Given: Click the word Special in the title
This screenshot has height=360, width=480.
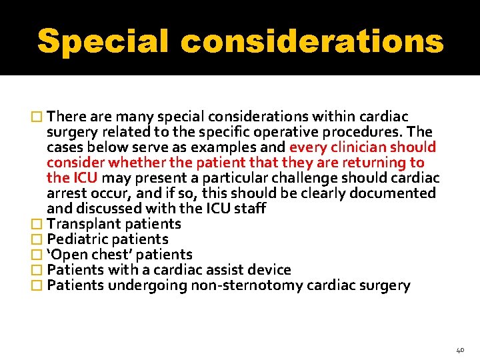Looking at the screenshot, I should [x=103, y=41].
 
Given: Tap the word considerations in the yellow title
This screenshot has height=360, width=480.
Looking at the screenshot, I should [x=312, y=41].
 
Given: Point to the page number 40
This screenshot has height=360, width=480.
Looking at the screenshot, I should [x=460, y=348].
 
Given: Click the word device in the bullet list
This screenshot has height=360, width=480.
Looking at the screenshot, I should [x=268, y=269].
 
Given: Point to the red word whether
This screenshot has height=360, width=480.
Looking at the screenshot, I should [x=133, y=162].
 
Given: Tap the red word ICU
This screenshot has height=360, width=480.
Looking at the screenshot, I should [x=83, y=177].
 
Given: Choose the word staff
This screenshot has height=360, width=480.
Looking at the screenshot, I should [x=251, y=208].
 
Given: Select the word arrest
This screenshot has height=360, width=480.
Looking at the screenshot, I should [x=65, y=193].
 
